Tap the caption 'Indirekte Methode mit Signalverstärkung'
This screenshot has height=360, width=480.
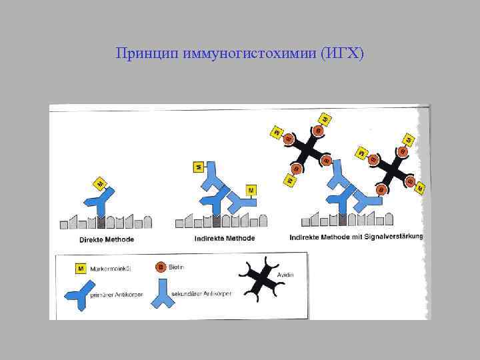[357, 237]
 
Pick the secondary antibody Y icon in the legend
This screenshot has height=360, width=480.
[163, 293]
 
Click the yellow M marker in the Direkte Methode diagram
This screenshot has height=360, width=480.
[100, 183]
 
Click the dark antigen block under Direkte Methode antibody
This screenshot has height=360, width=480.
[101, 221]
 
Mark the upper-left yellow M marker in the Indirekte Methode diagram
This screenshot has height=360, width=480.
[198, 167]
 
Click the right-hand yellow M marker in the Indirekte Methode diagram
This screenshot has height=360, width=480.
[251, 191]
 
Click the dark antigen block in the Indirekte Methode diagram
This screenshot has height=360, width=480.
[215, 221]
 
